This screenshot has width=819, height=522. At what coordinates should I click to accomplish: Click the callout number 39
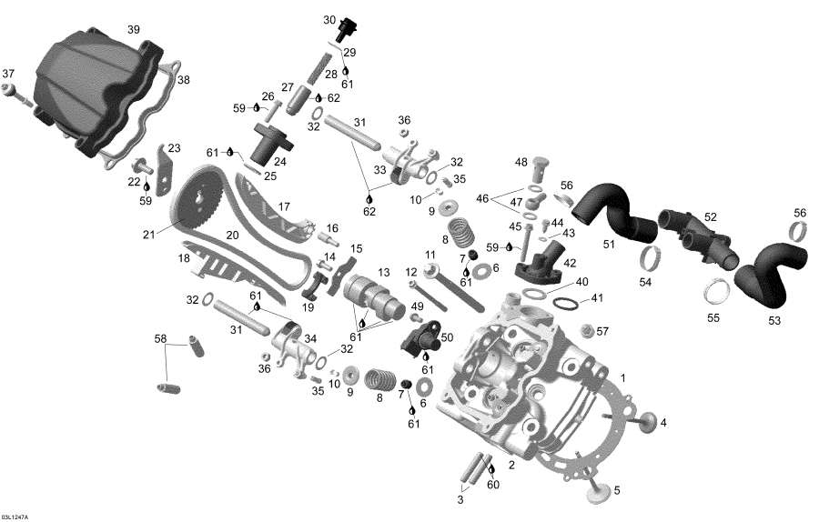pyautogui.click(x=134, y=30)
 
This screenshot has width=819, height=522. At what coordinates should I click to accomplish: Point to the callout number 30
pyautogui.click(x=329, y=19)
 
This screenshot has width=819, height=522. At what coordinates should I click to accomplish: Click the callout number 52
pyautogui.click(x=710, y=216)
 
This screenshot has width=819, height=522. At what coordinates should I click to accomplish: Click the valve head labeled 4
pyautogui.click(x=649, y=422)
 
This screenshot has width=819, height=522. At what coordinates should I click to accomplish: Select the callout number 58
pyautogui.click(x=160, y=339)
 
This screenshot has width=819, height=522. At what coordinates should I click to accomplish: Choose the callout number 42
pyautogui.click(x=571, y=262)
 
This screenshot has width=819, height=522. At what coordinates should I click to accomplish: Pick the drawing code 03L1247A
pyautogui.click(x=15, y=516)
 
